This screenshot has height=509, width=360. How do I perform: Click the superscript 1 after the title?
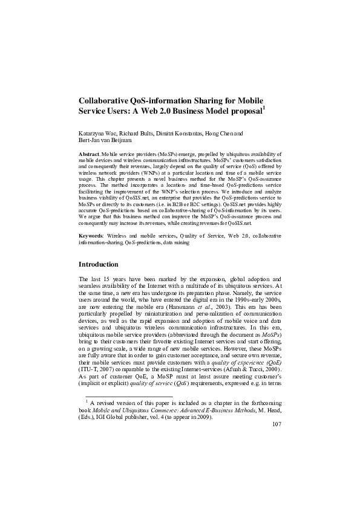[264, 108]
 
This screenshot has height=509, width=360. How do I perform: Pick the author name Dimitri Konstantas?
[181, 133]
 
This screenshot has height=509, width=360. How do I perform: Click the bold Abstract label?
[90, 155]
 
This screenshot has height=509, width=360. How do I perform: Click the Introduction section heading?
[103, 264]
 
